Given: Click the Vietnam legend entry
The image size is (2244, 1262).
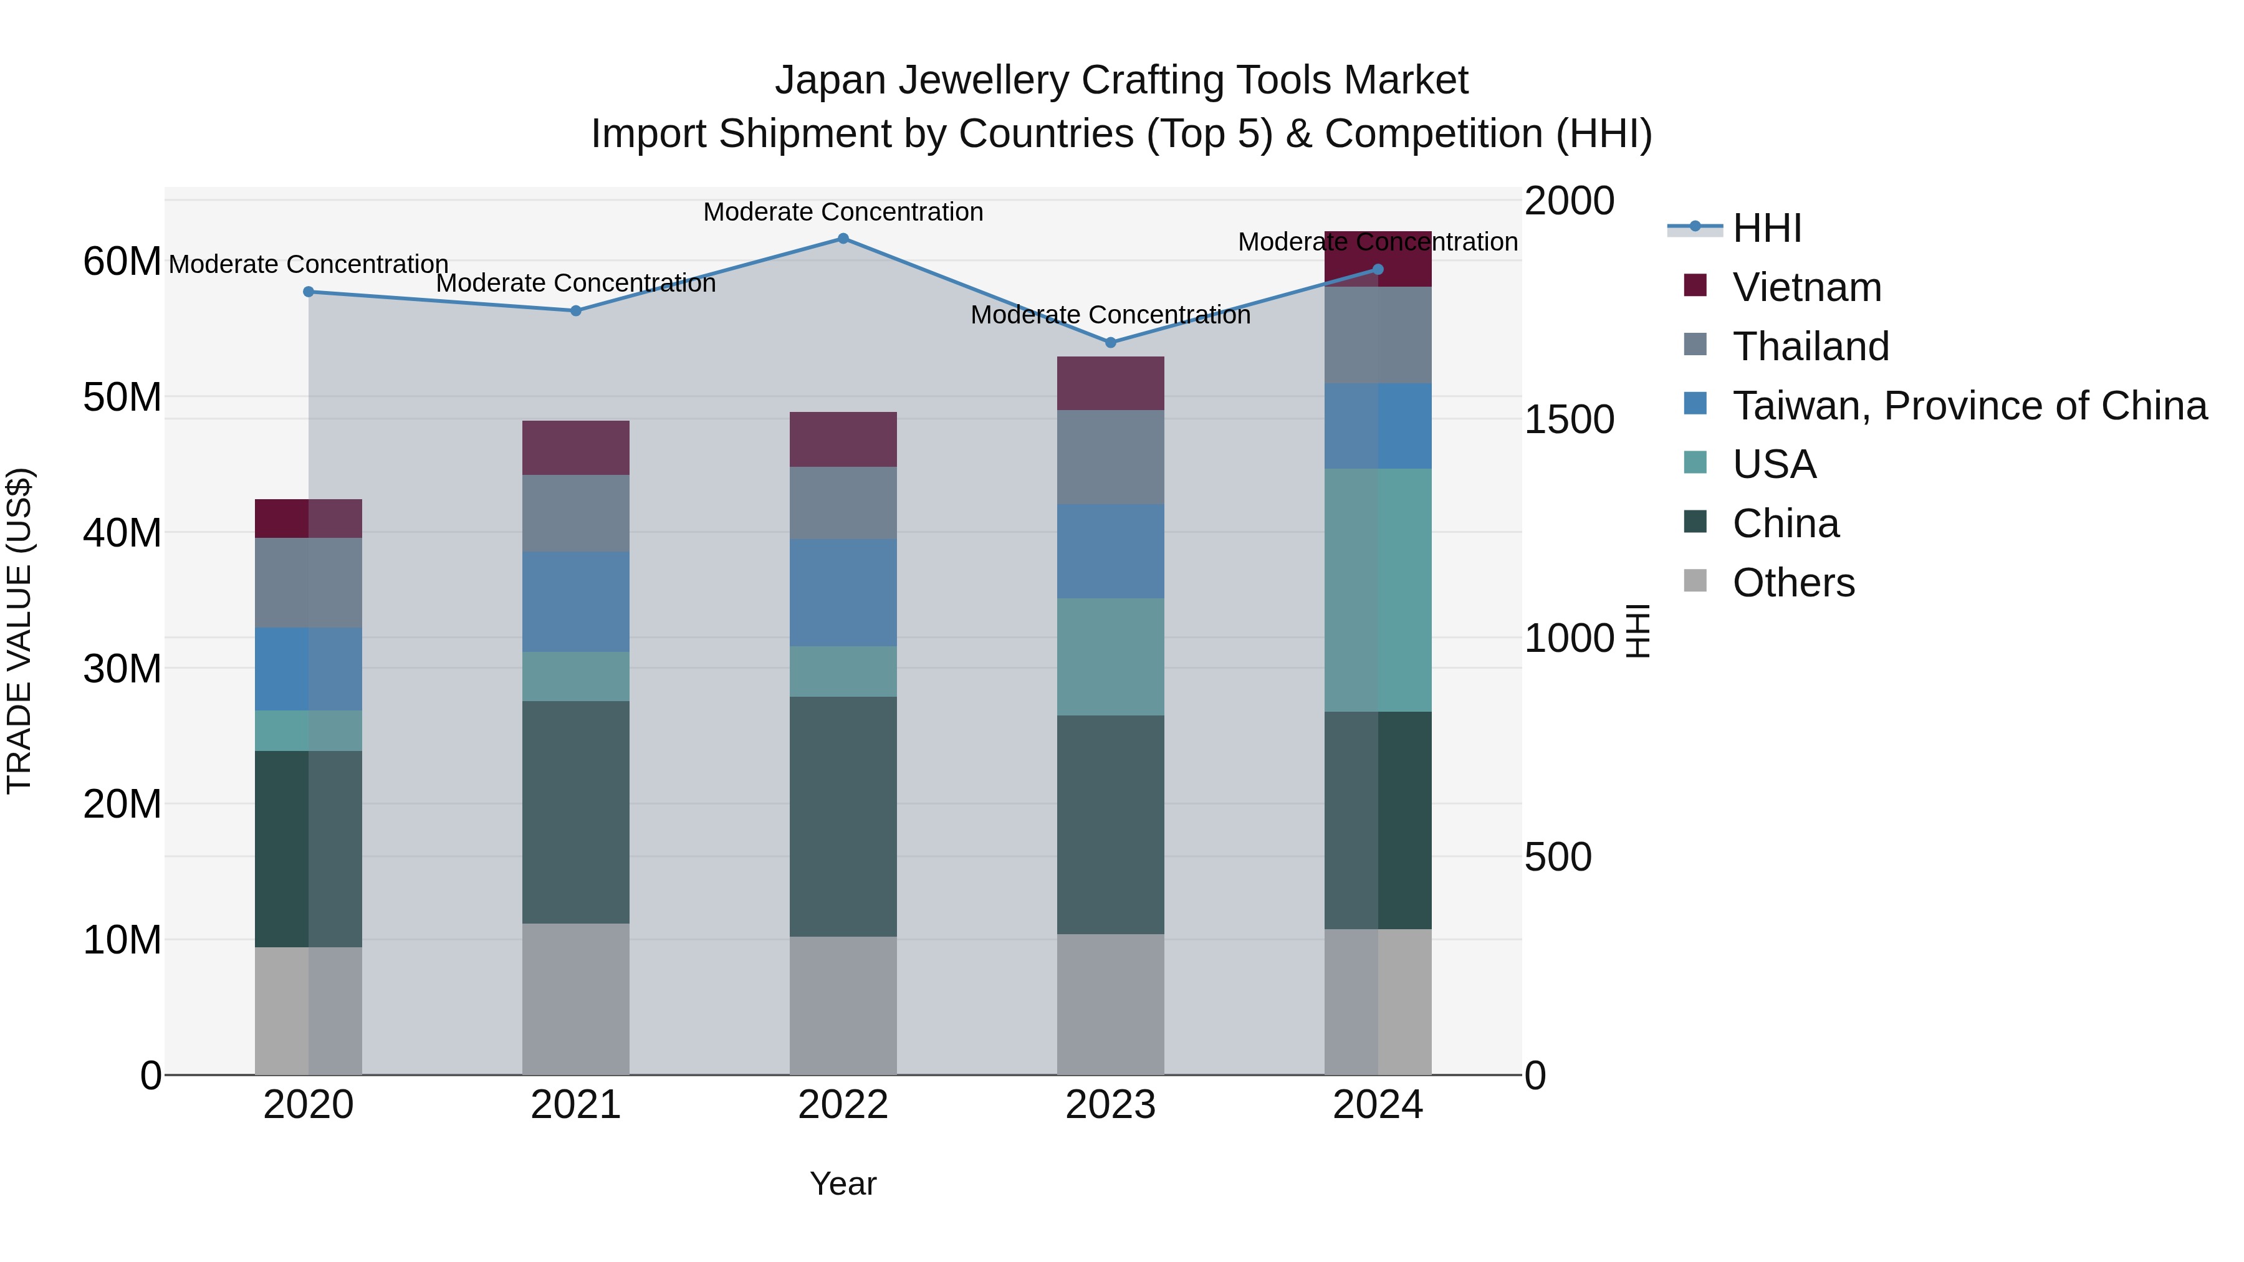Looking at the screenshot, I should tap(1806, 287).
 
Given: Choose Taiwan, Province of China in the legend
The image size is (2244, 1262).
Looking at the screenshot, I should tap(1968, 406).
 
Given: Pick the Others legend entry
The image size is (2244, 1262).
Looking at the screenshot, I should tap(1793, 583).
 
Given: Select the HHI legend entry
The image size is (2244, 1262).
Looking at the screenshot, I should tap(1766, 228).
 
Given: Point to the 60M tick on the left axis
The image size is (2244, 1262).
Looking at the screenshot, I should tap(122, 261).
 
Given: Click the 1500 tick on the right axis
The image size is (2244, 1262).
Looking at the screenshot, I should tap(1569, 420).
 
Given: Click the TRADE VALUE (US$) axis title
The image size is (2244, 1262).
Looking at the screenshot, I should tap(20, 631).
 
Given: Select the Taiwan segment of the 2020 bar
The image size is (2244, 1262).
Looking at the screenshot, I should tap(309, 669).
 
